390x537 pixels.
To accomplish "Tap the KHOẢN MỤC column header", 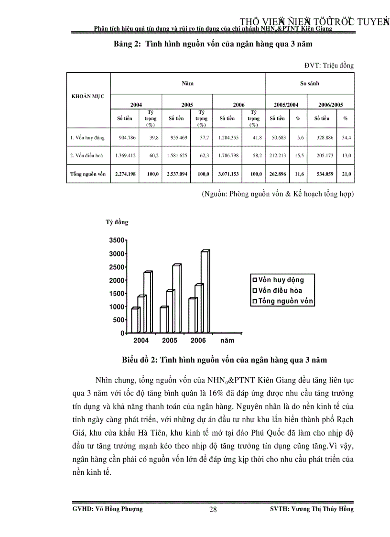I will point(88,96).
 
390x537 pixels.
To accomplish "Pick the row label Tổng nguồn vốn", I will point(88,174).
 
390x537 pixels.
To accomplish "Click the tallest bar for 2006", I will point(205,292).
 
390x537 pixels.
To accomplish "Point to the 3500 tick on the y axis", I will point(118,240).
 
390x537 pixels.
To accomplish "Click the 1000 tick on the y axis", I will point(118,307).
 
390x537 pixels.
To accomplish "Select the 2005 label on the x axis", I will point(170,340).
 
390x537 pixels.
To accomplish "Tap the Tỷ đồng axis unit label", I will point(117,222).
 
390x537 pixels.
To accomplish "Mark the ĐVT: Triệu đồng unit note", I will point(329,66).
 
